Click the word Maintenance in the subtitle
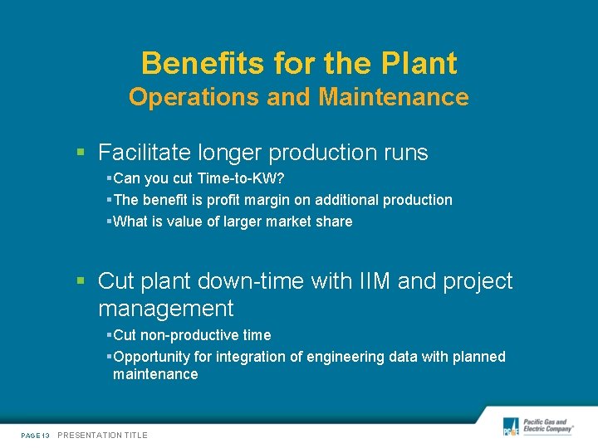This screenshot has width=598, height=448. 394,98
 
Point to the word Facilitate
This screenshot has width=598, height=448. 145,153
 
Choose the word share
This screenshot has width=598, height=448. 333,222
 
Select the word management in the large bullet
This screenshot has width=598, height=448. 165,309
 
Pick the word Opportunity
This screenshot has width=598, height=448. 151,357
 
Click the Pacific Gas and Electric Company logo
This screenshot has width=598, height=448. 539,426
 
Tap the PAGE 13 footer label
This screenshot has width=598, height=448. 35,436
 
